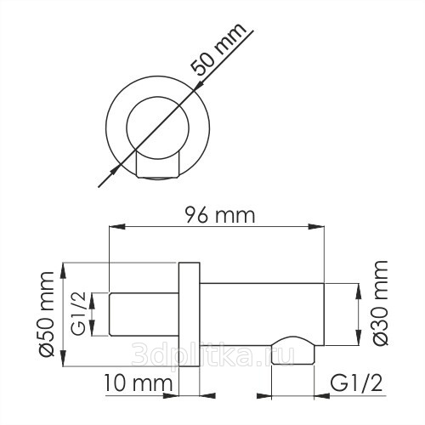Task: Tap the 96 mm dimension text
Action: coord(220,215)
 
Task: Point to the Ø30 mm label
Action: coord(380,303)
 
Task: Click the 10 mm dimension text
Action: coord(139,383)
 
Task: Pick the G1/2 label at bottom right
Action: coord(356,383)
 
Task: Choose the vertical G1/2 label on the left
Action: coord(78,314)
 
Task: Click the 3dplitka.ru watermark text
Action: coord(213,354)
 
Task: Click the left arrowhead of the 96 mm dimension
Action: coord(117,227)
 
